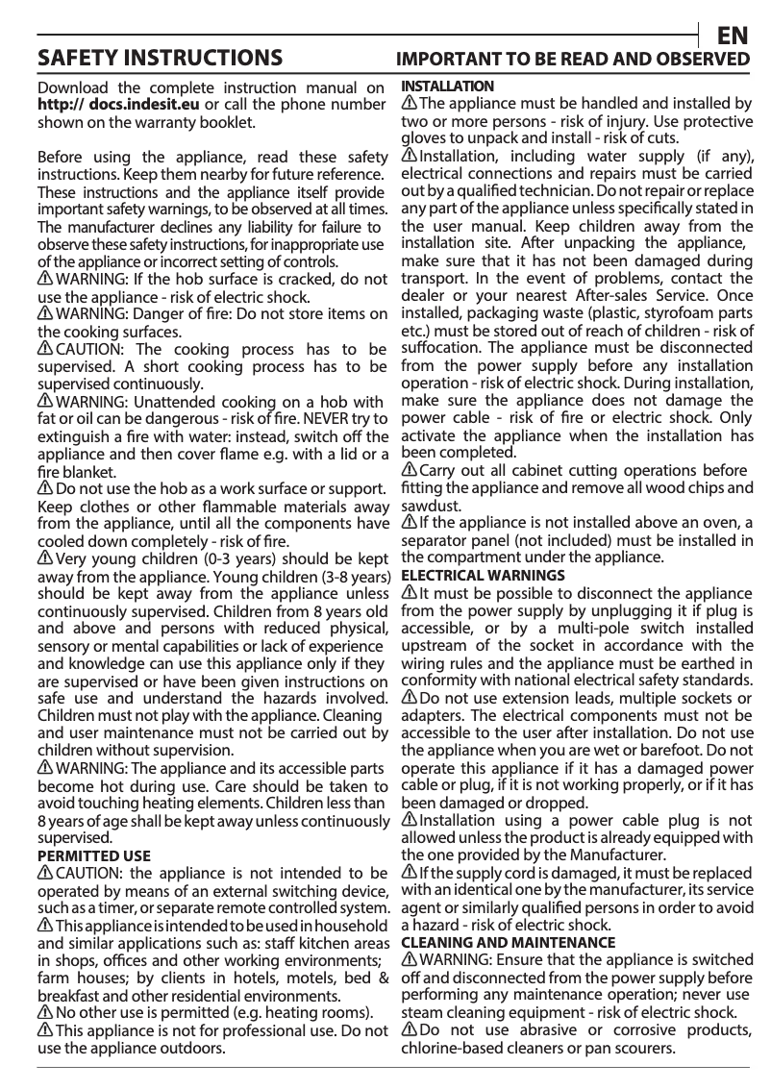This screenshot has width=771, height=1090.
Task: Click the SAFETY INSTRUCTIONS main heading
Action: click(159, 59)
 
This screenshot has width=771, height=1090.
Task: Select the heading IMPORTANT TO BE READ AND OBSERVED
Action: click(574, 60)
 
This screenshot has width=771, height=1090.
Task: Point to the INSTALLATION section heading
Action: click(447, 87)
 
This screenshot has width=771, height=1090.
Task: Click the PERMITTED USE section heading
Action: click(93, 855)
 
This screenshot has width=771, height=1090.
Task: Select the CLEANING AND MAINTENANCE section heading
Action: click(508, 942)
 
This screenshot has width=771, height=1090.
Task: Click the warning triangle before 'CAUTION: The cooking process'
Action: click(45, 347)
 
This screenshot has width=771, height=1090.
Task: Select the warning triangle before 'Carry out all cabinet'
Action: click(409, 470)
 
